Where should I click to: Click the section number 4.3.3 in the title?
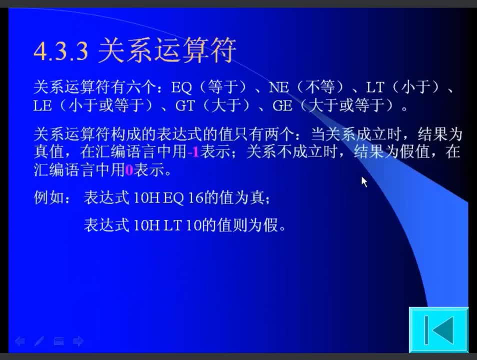pyautogui.click(x=61, y=51)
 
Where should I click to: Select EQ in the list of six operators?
pyautogui.click(x=181, y=87)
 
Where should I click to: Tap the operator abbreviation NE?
pyautogui.click(x=278, y=87)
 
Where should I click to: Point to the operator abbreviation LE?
pyautogui.click(x=42, y=106)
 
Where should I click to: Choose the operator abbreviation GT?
pyautogui.click(x=185, y=106)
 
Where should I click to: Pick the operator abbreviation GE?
pyautogui.click(x=282, y=106)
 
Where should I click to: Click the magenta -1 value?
pyautogui.click(x=193, y=152)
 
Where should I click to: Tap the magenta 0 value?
pyautogui.click(x=129, y=170)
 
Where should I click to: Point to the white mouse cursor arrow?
pyautogui.click(x=364, y=181)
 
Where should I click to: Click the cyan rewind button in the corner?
pyautogui.click(x=438, y=329)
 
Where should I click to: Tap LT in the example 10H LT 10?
pyautogui.click(x=172, y=225)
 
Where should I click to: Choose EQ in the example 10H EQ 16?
pyautogui.click(x=173, y=198)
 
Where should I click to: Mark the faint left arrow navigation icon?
pyautogui.click(x=20, y=341)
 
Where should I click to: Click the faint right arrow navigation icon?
pyautogui.click(x=78, y=341)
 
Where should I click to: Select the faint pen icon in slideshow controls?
pyautogui.click(x=39, y=341)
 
